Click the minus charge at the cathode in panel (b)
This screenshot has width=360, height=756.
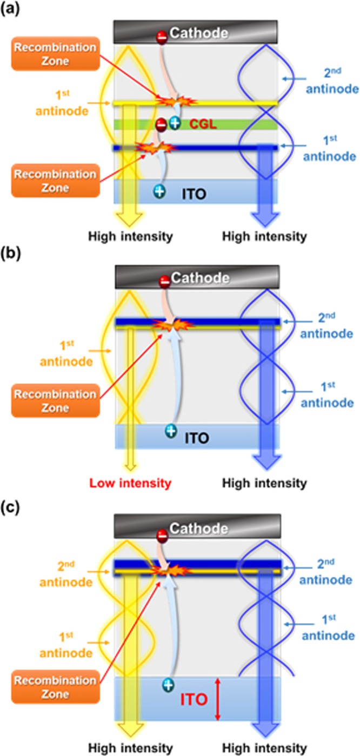(x=163, y=281)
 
